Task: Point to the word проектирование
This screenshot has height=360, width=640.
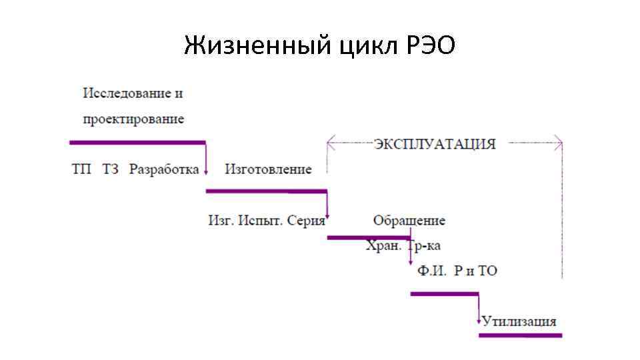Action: click(x=133, y=119)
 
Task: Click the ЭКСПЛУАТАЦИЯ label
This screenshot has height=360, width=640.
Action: click(x=434, y=144)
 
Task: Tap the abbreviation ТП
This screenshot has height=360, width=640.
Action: click(x=81, y=169)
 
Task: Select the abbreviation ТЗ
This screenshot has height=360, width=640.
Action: click(x=111, y=169)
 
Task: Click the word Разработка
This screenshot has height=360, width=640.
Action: click(x=164, y=169)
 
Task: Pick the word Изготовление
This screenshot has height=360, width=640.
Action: click(x=268, y=169)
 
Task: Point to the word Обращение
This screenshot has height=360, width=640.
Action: click(x=409, y=221)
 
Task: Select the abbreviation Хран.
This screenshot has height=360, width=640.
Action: click(x=383, y=245)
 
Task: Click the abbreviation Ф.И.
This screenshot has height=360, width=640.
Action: click(x=430, y=271)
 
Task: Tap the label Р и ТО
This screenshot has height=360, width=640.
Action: click(x=475, y=271)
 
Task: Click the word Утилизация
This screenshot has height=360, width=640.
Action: click(x=519, y=321)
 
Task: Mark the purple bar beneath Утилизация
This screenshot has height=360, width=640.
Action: click(x=520, y=335)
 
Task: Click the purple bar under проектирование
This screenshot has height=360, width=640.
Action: click(x=137, y=142)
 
